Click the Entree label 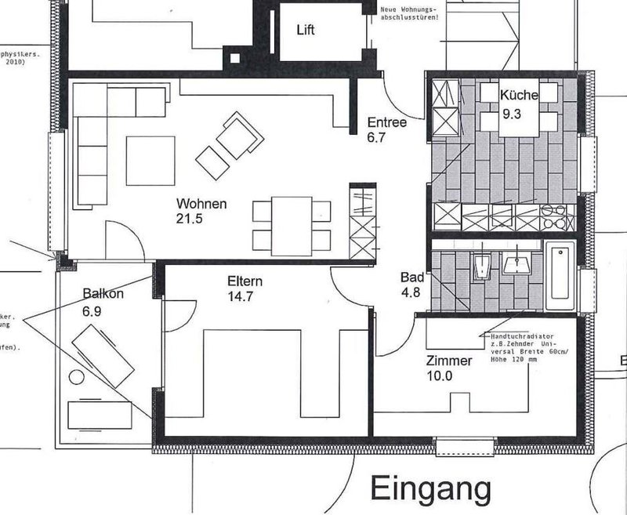pos(386,123)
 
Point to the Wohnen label pos(201,205)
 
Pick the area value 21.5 pos(190,219)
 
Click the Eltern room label pos(245,282)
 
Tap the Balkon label pos(103,294)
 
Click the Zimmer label pos(449,361)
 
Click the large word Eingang pos(431,488)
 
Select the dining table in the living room pos(291,226)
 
